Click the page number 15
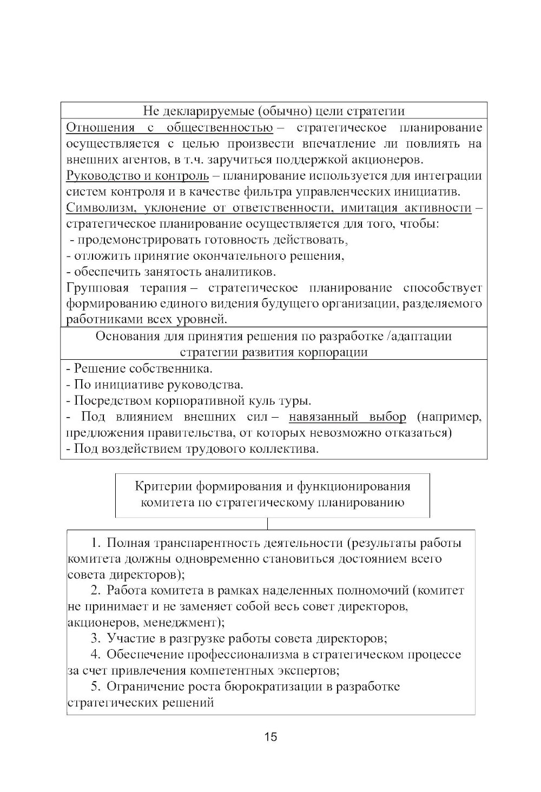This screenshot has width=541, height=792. point(270,736)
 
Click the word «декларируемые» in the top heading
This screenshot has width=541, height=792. point(209,111)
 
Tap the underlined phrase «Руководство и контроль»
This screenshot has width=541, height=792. point(137,176)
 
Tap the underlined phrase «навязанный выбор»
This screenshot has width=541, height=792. point(347,417)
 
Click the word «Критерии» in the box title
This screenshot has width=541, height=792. point(159,486)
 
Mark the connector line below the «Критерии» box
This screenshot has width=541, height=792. point(268,524)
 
